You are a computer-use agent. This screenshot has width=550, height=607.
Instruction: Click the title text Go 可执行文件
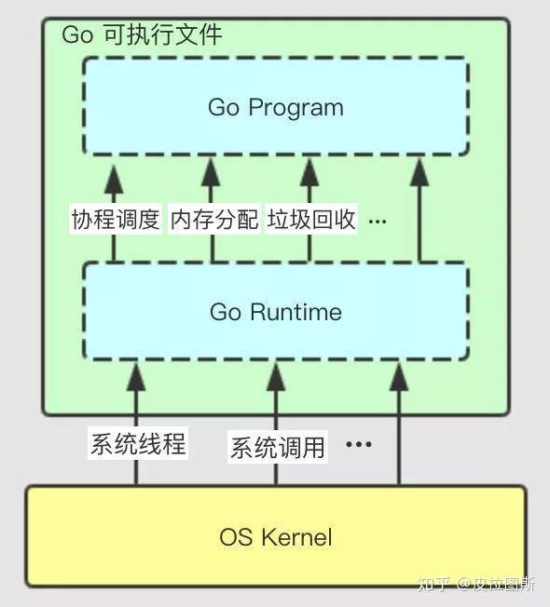141,36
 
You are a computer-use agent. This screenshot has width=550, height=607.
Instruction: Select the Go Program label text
275,107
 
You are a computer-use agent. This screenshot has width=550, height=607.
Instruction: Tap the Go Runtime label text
275,312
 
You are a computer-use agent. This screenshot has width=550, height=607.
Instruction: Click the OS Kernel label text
276,536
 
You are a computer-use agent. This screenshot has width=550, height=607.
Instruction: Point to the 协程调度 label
115,220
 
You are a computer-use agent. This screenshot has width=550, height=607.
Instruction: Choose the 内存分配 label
213,220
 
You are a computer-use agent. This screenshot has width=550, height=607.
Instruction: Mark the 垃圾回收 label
311,220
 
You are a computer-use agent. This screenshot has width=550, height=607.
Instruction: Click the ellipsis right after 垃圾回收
378,222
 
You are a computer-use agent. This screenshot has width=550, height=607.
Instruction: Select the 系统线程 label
137,444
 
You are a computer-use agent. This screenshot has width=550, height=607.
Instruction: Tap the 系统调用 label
277,448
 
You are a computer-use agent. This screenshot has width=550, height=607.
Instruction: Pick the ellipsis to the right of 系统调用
358,445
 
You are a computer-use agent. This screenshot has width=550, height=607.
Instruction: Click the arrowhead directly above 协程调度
114,174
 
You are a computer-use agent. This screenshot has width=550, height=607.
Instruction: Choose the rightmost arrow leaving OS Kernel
399,428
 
